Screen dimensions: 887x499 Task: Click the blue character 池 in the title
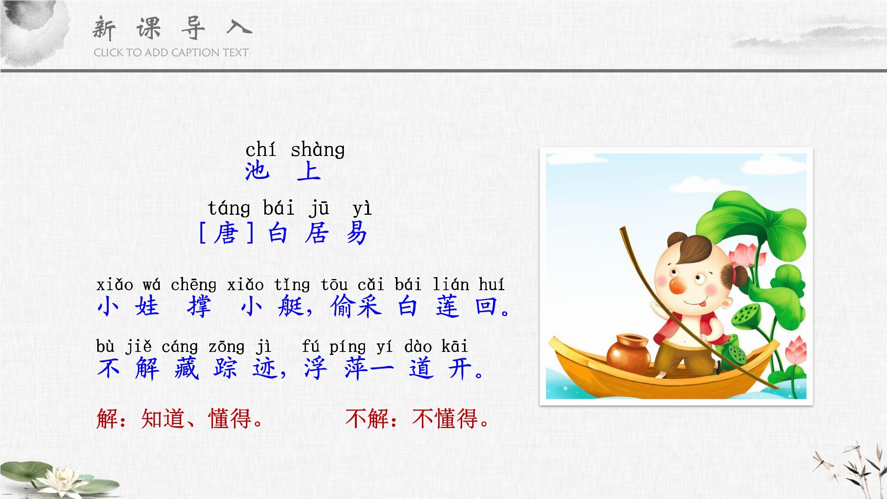(x=257, y=171)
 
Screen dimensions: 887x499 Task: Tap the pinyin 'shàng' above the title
(x=318, y=150)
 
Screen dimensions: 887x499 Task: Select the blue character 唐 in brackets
(x=226, y=233)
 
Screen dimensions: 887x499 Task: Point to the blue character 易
(x=357, y=233)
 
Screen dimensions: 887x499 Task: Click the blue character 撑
(x=199, y=306)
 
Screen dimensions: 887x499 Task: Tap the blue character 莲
(x=448, y=306)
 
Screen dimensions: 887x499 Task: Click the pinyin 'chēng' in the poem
(x=194, y=285)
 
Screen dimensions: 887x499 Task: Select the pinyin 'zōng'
(x=226, y=347)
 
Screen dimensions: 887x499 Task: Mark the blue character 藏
(x=187, y=369)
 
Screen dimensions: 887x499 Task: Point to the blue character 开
(x=460, y=369)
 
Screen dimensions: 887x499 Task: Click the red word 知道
(x=163, y=419)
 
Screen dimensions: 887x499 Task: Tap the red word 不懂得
(x=445, y=419)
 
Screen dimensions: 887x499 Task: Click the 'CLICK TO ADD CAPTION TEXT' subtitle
(x=171, y=52)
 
